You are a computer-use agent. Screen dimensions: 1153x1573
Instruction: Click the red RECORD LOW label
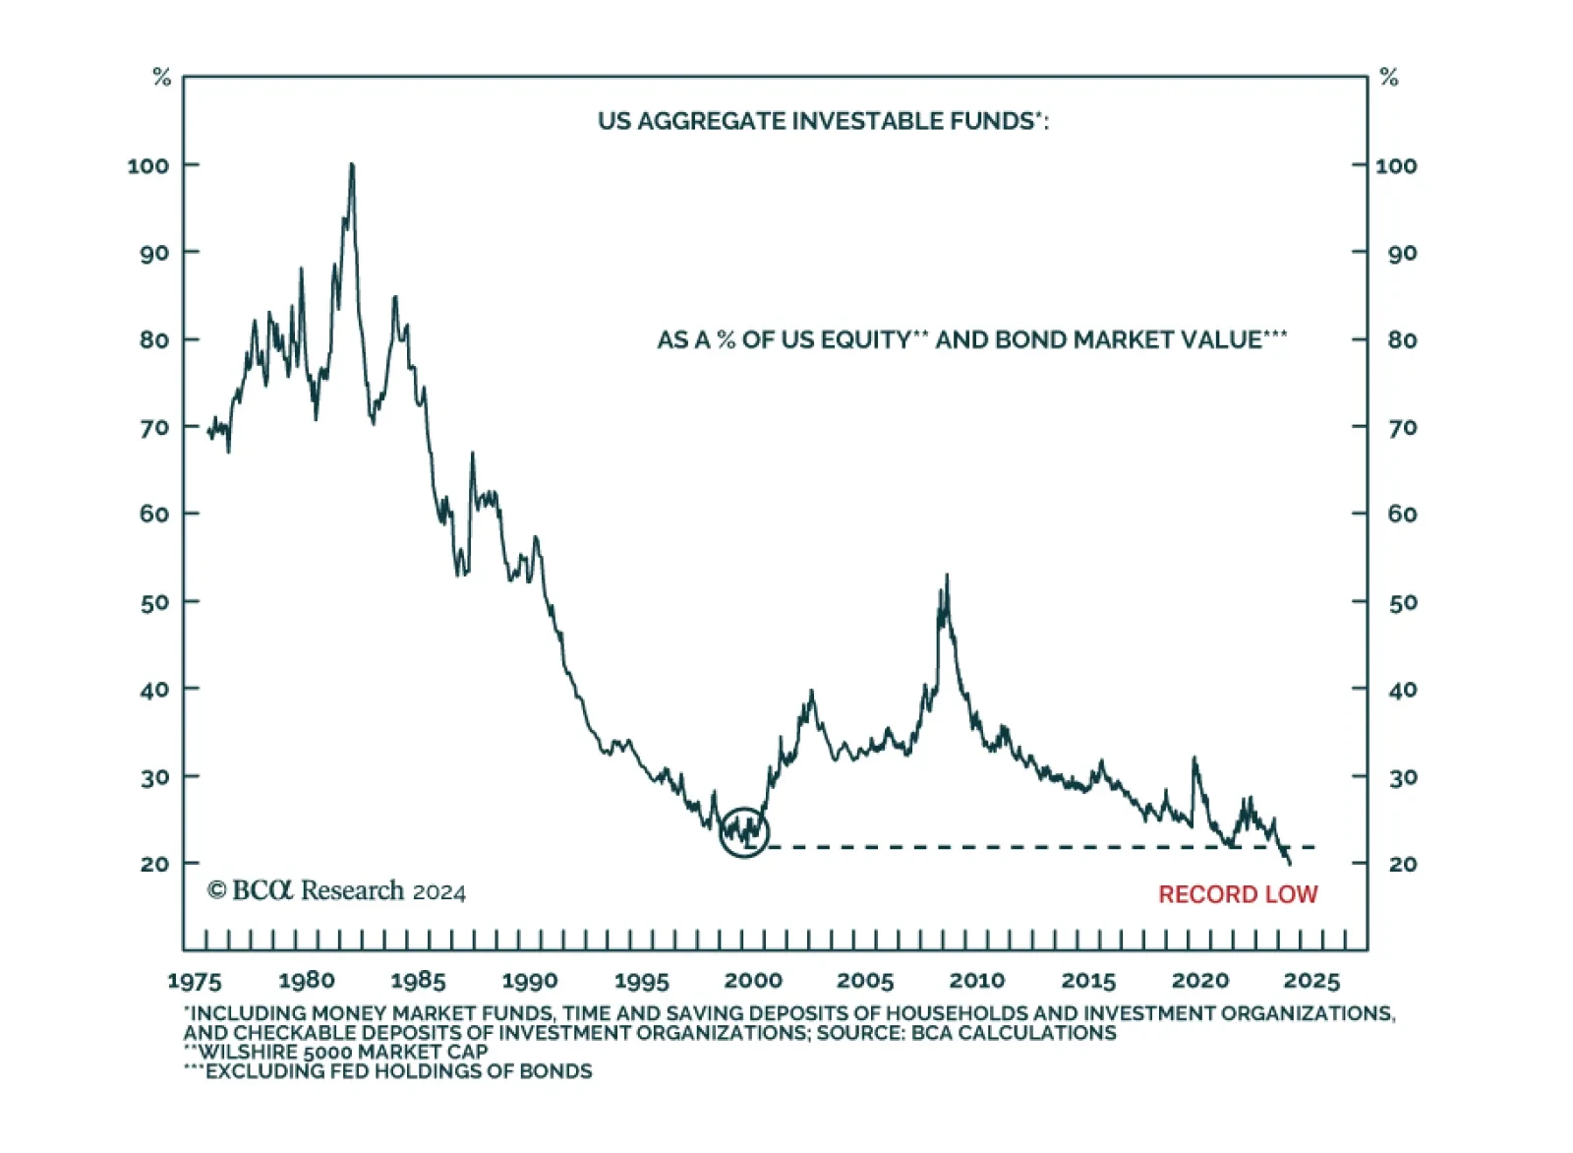[x=1237, y=894]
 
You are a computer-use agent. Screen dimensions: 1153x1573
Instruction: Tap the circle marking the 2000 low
[x=744, y=832]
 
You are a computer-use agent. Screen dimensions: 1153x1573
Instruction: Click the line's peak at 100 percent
[x=352, y=165]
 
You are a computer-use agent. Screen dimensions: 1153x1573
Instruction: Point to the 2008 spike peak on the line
[x=947, y=576]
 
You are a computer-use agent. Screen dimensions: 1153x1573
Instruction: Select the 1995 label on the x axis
[x=641, y=981]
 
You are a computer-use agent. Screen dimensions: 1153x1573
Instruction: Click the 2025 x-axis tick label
[x=1311, y=981]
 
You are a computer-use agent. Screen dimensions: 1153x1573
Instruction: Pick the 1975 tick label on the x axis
[x=195, y=981]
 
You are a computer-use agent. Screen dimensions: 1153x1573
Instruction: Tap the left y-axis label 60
[x=154, y=515]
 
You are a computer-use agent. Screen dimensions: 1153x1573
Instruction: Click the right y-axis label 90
[x=1402, y=253]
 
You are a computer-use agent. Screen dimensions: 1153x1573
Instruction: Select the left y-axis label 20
[x=154, y=864]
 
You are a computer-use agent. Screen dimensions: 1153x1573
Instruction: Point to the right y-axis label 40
[x=1402, y=690]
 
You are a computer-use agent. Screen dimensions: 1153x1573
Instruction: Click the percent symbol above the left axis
[x=162, y=78]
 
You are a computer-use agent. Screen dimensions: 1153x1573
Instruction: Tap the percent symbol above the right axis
[x=1388, y=78]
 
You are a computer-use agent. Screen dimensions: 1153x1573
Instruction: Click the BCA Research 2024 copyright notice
[x=336, y=891]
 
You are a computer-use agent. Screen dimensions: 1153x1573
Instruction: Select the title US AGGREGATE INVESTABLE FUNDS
[x=823, y=121]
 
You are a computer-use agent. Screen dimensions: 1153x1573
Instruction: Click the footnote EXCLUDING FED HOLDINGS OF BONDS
[x=397, y=1071]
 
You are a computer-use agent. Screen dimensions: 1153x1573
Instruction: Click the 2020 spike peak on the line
[x=1194, y=759]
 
